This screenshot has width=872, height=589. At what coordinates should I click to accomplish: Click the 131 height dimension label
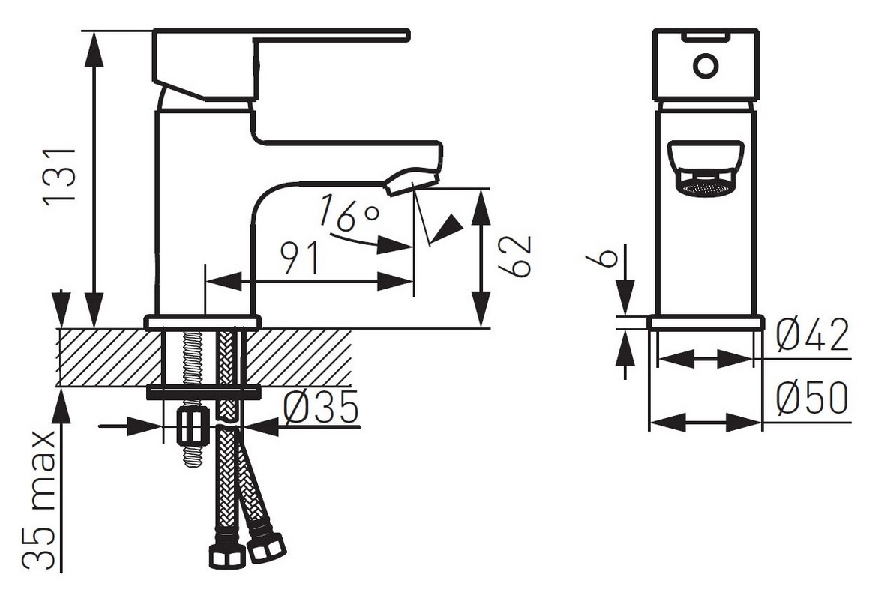click(60, 175)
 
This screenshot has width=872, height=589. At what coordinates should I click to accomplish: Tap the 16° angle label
click(350, 213)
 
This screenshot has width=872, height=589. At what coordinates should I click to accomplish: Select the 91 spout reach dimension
click(301, 259)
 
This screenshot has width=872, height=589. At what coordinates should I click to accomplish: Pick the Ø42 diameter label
click(813, 336)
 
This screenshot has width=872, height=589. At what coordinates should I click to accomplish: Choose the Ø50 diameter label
click(813, 398)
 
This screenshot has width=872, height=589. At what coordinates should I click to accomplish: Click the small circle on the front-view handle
click(706, 66)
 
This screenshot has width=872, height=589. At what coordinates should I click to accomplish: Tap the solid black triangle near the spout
click(448, 226)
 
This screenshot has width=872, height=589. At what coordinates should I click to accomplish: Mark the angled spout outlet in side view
click(412, 181)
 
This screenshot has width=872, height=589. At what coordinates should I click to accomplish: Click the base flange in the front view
click(705, 323)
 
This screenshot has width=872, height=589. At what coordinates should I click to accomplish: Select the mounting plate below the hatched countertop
click(203, 393)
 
